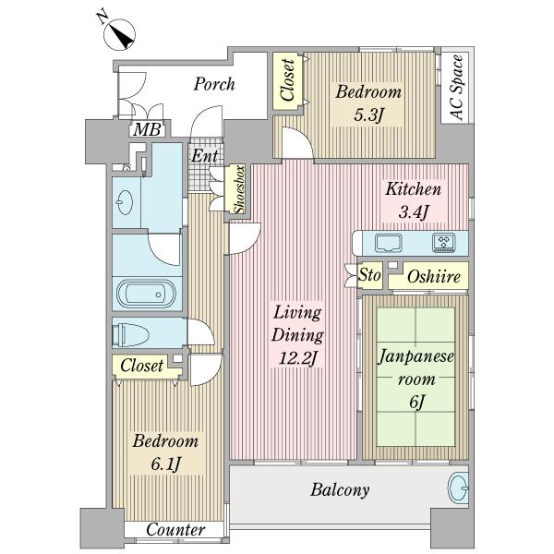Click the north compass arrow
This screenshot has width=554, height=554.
click(x=121, y=35)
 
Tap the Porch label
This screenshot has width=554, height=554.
click(x=214, y=85)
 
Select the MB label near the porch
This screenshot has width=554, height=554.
click(x=144, y=129)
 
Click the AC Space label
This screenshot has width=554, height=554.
click(x=455, y=88)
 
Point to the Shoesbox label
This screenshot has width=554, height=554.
click(x=238, y=189)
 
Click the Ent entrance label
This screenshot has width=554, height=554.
click(x=204, y=156)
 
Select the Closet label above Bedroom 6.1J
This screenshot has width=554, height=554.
click(x=141, y=366)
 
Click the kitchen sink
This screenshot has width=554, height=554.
click(x=388, y=243)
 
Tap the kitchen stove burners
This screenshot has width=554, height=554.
click(x=444, y=243)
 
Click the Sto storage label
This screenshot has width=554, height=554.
click(x=370, y=275)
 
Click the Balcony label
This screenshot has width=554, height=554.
click(x=340, y=490)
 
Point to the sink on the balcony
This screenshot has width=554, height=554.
click(x=456, y=488)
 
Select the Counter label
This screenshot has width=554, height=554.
click(x=175, y=530)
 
